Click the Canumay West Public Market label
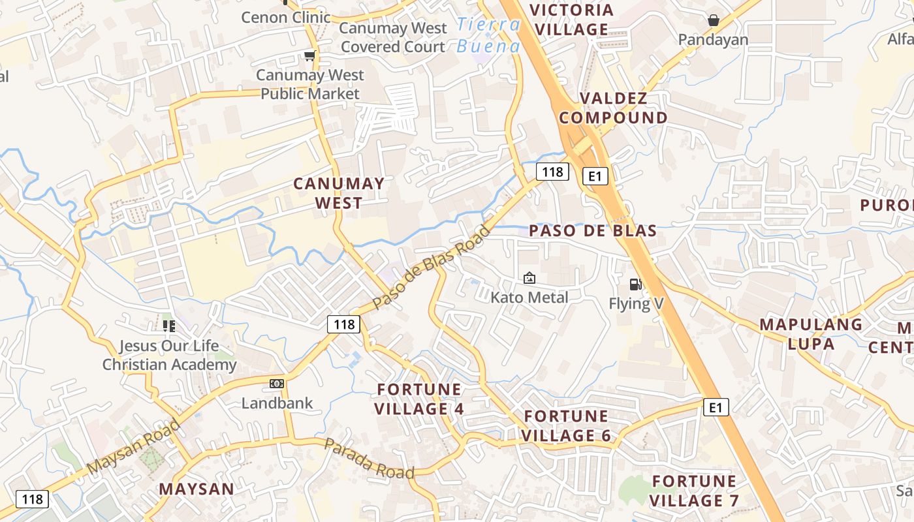[310, 85]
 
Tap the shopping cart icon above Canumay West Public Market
[309, 56]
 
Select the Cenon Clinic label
[286, 17]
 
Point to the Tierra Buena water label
[488, 35]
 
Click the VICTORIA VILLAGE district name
[571, 20]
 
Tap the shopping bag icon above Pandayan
[714, 20]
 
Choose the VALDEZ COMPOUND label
[613, 108]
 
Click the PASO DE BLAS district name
[593, 230]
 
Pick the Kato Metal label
[529, 298]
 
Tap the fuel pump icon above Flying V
[635, 284]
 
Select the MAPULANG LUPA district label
[811, 334]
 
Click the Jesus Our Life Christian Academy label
[169, 355]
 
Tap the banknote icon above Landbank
[277, 384]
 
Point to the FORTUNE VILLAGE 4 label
[420, 399]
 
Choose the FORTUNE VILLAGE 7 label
[695, 491]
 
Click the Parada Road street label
[369, 458]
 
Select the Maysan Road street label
[133, 447]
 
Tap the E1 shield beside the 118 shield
[595, 176]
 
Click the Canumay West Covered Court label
[393, 37]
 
